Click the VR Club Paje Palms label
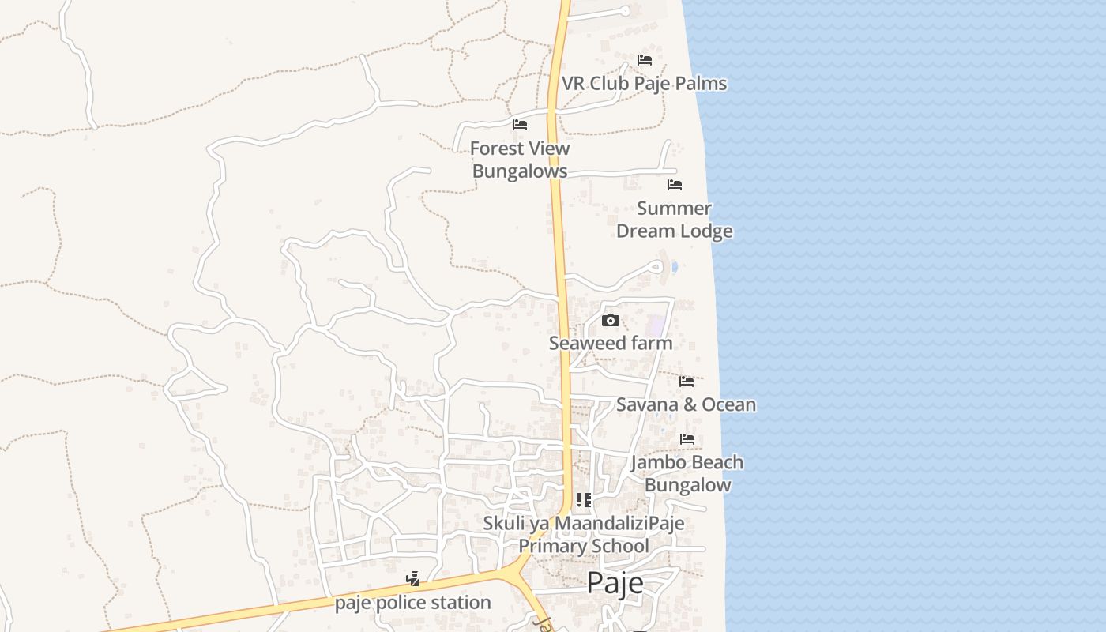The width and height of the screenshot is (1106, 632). click(644, 83)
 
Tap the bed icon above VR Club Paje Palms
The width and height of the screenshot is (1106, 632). click(645, 60)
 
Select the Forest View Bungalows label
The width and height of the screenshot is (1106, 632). click(520, 160)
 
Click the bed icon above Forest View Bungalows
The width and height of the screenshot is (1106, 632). click(520, 125)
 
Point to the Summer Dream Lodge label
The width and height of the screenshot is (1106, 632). click(674, 220)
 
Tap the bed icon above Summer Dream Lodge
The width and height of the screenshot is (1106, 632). click(675, 185)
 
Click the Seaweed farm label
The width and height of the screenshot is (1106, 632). click(611, 343)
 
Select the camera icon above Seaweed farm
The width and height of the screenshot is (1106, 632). click(611, 320)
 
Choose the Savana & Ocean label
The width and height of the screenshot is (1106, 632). click(686, 404)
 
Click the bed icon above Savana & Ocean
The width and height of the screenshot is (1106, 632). click(687, 382)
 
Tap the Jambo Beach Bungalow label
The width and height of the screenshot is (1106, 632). click(687, 473)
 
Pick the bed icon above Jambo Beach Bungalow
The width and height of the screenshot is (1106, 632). click(687, 439)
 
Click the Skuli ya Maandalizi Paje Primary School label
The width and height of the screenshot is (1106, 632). click(584, 535)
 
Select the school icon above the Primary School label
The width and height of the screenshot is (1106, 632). click(584, 499)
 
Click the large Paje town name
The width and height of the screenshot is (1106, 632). click(615, 583)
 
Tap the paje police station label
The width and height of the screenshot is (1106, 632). click(413, 603)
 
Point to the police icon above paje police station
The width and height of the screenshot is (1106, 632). click(412, 579)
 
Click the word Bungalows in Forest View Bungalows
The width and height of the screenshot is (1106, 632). click(520, 171)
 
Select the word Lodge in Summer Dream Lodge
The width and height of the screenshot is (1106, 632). click(705, 231)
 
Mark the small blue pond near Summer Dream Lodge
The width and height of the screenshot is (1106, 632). click(674, 267)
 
